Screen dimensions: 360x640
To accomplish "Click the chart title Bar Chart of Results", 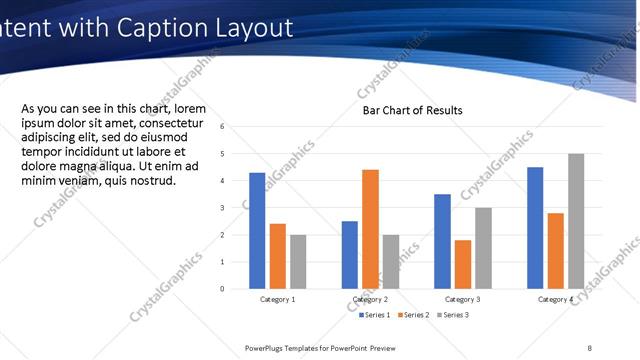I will coord(412,110).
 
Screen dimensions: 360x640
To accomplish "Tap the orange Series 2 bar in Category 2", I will coord(370,229).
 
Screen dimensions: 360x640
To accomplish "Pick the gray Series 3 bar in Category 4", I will coord(575,221).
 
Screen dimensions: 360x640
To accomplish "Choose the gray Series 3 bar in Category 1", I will coord(298,262).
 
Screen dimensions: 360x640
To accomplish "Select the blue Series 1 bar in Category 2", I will coord(349,255).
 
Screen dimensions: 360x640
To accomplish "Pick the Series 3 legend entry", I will coord(452,315).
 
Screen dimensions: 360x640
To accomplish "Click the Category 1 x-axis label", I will coord(278,299).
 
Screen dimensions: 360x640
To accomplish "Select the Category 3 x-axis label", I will coord(463,299).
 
